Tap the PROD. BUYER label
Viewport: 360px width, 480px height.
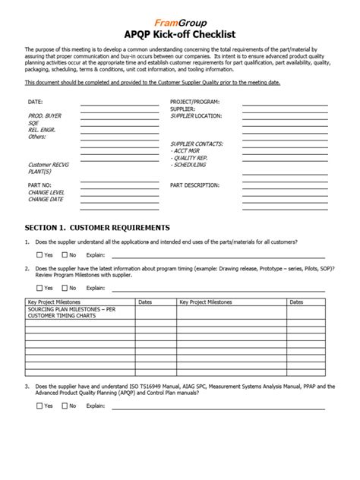click(x=44, y=115)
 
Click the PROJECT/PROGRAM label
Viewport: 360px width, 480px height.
click(x=195, y=101)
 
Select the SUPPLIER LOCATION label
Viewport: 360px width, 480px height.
click(x=196, y=115)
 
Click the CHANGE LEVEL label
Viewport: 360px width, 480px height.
click(x=46, y=192)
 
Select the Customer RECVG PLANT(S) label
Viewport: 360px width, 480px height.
click(x=49, y=168)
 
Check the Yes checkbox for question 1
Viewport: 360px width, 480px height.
click(x=39, y=255)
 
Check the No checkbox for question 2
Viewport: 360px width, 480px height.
click(x=65, y=288)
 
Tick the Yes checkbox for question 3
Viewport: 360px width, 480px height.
click(x=39, y=406)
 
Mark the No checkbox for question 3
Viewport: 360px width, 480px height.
click(x=65, y=406)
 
